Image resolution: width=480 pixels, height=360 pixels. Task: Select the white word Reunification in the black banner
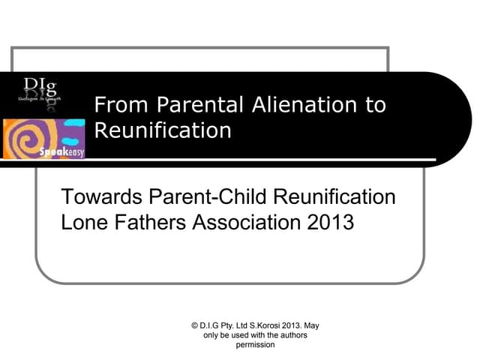coord(163,130)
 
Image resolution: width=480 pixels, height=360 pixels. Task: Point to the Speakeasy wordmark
coord(67,152)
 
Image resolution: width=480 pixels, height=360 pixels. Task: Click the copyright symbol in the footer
coord(194,326)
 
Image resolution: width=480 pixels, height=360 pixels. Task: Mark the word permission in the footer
coord(256,346)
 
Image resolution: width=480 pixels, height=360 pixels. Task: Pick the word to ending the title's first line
coord(375,105)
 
